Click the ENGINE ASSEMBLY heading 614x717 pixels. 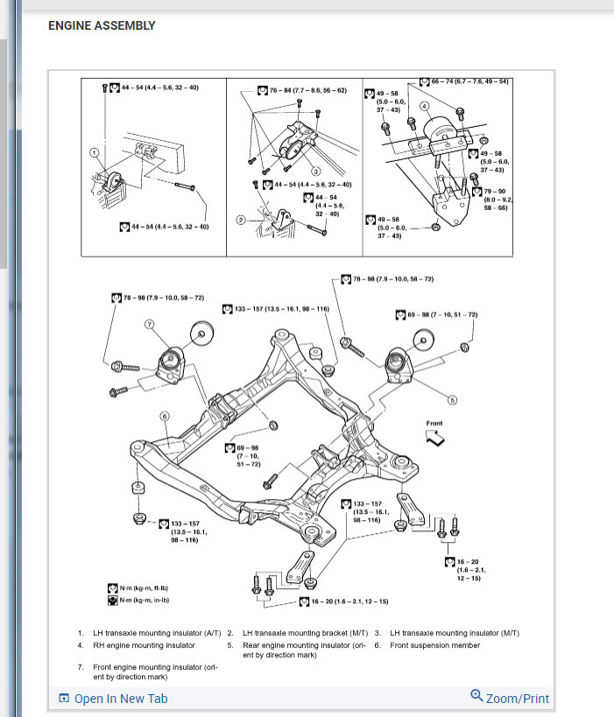coord(102,25)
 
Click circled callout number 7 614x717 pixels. coord(150,324)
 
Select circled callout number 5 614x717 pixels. coord(453,400)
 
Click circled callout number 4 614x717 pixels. coord(423,106)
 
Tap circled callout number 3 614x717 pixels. coord(315,171)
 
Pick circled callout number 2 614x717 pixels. coord(240,219)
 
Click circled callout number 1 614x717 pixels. coord(94,152)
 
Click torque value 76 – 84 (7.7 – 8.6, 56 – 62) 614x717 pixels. coord(307,90)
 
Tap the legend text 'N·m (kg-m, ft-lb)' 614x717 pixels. coord(145,588)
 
